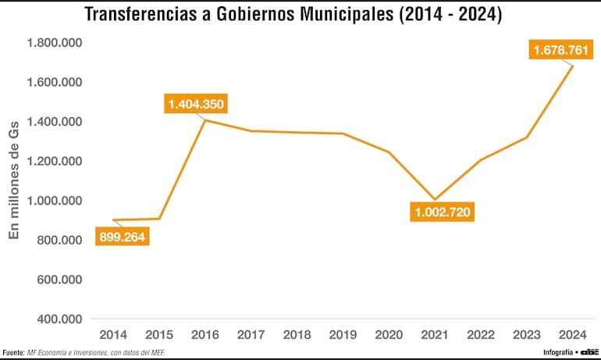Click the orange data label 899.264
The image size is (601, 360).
[123, 237]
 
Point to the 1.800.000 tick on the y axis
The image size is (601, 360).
[55, 42]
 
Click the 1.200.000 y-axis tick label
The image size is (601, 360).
[55, 161]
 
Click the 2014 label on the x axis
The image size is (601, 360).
[113, 334]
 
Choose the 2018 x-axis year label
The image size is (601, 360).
[297, 334]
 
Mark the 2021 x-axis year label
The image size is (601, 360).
[436, 334]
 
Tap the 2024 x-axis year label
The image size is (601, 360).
[574, 334]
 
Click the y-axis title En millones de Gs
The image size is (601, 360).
[14, 180]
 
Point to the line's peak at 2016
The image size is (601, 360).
[205, 120]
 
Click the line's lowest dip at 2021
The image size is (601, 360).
[436, 200]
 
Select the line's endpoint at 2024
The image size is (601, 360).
[574, 66]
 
